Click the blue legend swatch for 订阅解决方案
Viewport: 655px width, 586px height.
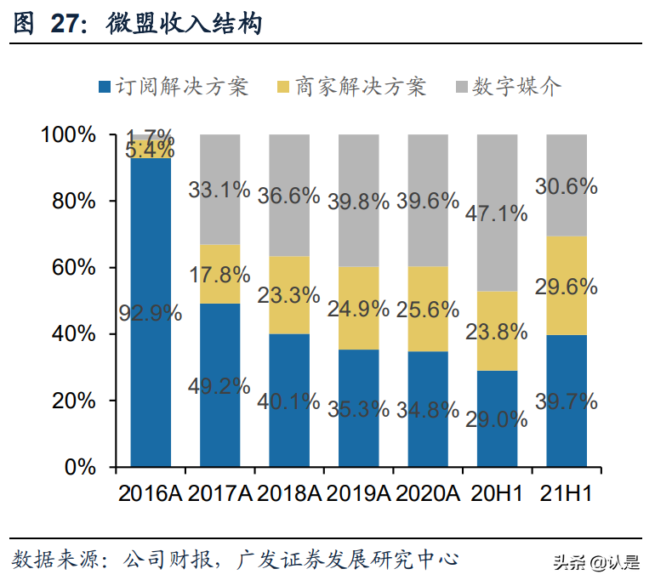pos(105,87)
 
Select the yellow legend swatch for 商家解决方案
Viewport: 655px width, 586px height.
pos(285,87)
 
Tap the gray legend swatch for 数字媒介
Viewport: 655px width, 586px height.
pos(463,87)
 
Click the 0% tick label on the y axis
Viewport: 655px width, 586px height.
pos(82,467)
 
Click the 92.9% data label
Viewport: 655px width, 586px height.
pos(150,312)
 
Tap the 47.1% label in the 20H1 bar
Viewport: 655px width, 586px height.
pos(497,213)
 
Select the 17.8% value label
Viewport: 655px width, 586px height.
pos(219,275)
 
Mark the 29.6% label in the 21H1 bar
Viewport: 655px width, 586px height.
pos(566,287)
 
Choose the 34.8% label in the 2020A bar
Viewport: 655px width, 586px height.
pos(428,410)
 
